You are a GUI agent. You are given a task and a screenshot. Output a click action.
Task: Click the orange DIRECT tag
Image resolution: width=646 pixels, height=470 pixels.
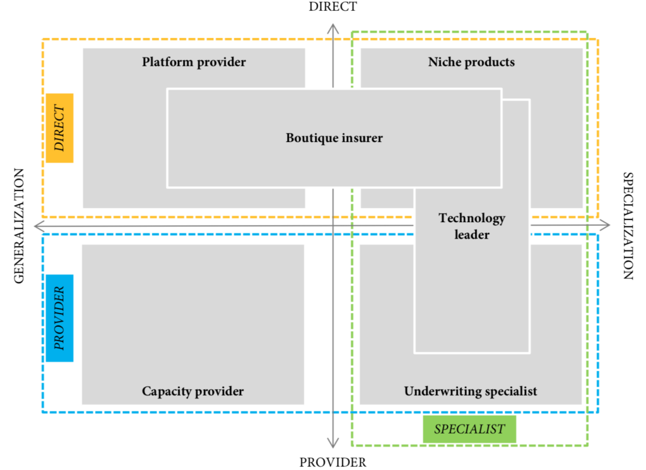point(59,128)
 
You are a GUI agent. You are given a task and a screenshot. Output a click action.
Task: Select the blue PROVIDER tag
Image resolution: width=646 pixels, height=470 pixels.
point(59,318)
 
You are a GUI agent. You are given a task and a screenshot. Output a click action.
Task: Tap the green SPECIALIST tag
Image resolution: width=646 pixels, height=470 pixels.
point(469,430)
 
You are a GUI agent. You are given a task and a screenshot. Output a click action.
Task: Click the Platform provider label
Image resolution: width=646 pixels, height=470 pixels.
point(194,62)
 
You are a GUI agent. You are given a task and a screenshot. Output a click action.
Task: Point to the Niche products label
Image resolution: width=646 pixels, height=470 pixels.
point(471,62)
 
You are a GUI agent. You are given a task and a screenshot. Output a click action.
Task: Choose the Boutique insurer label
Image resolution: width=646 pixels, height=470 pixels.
point(334,138)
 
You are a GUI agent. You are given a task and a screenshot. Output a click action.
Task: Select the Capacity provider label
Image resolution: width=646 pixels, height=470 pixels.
point(192,392)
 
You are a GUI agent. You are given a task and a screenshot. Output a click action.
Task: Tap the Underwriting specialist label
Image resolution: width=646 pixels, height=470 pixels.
point(471,392)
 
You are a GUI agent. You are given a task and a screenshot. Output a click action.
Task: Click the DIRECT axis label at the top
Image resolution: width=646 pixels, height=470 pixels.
point(332,7)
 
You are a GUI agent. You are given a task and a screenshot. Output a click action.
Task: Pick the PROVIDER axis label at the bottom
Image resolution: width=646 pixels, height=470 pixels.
point(332,462)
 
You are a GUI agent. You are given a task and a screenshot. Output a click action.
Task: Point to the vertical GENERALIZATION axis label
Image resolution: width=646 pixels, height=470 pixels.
point(18,225)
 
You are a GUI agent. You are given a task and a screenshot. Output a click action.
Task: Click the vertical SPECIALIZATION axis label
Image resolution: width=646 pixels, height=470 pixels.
point(628,225)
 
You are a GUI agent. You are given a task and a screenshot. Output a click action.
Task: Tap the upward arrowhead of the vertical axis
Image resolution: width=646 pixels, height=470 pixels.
point(333,26)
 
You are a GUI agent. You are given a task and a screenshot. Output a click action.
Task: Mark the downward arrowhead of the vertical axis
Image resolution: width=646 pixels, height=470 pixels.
point(333,443)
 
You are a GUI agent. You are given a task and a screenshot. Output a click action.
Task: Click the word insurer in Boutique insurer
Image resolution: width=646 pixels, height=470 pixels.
point(361,138)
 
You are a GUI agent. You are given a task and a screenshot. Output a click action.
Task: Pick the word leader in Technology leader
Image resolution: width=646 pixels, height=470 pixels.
point(472,235)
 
